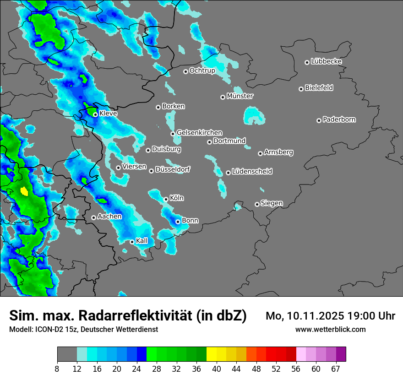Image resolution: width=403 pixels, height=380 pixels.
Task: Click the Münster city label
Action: coord(240,96)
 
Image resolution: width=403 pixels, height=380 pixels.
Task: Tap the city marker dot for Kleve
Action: coord(95,114)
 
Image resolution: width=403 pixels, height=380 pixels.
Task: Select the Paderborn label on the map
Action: coord(339,119)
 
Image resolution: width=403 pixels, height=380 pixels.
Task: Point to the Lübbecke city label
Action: coord(326,61)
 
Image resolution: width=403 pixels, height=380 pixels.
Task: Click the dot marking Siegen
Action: coord(257,204)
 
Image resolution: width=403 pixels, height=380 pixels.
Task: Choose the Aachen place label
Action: coord(109,217)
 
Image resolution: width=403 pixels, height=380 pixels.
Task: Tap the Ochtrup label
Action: coord(202,71)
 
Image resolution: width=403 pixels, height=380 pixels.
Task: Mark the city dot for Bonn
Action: coord(178,222)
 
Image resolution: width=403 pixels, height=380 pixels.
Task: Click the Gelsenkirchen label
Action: coord(199,133)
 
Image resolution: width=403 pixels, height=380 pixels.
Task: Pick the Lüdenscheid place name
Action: coord(252,172)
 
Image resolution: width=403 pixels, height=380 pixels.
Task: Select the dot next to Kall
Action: coord(132,242)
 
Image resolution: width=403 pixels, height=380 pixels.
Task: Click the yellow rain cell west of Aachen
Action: coord(24,191)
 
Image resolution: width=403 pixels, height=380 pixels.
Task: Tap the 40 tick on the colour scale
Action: coord(216,369)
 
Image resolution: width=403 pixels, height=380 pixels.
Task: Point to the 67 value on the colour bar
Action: coord(336,369)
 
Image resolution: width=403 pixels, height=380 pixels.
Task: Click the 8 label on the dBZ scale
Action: coord(57,369)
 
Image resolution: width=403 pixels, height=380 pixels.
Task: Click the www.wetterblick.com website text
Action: coord(330,329)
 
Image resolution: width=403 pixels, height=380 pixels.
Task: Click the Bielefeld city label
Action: coord(319,88)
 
